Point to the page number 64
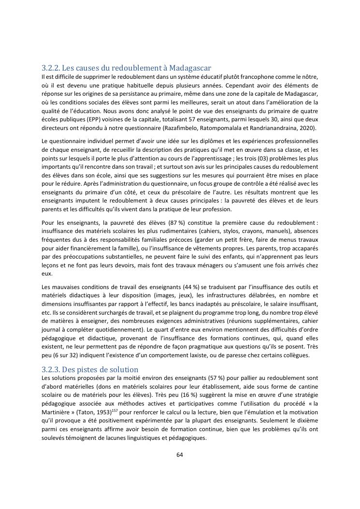coord(180,454)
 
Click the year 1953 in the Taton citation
coord(103,411)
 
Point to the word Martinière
coord(57,411)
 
